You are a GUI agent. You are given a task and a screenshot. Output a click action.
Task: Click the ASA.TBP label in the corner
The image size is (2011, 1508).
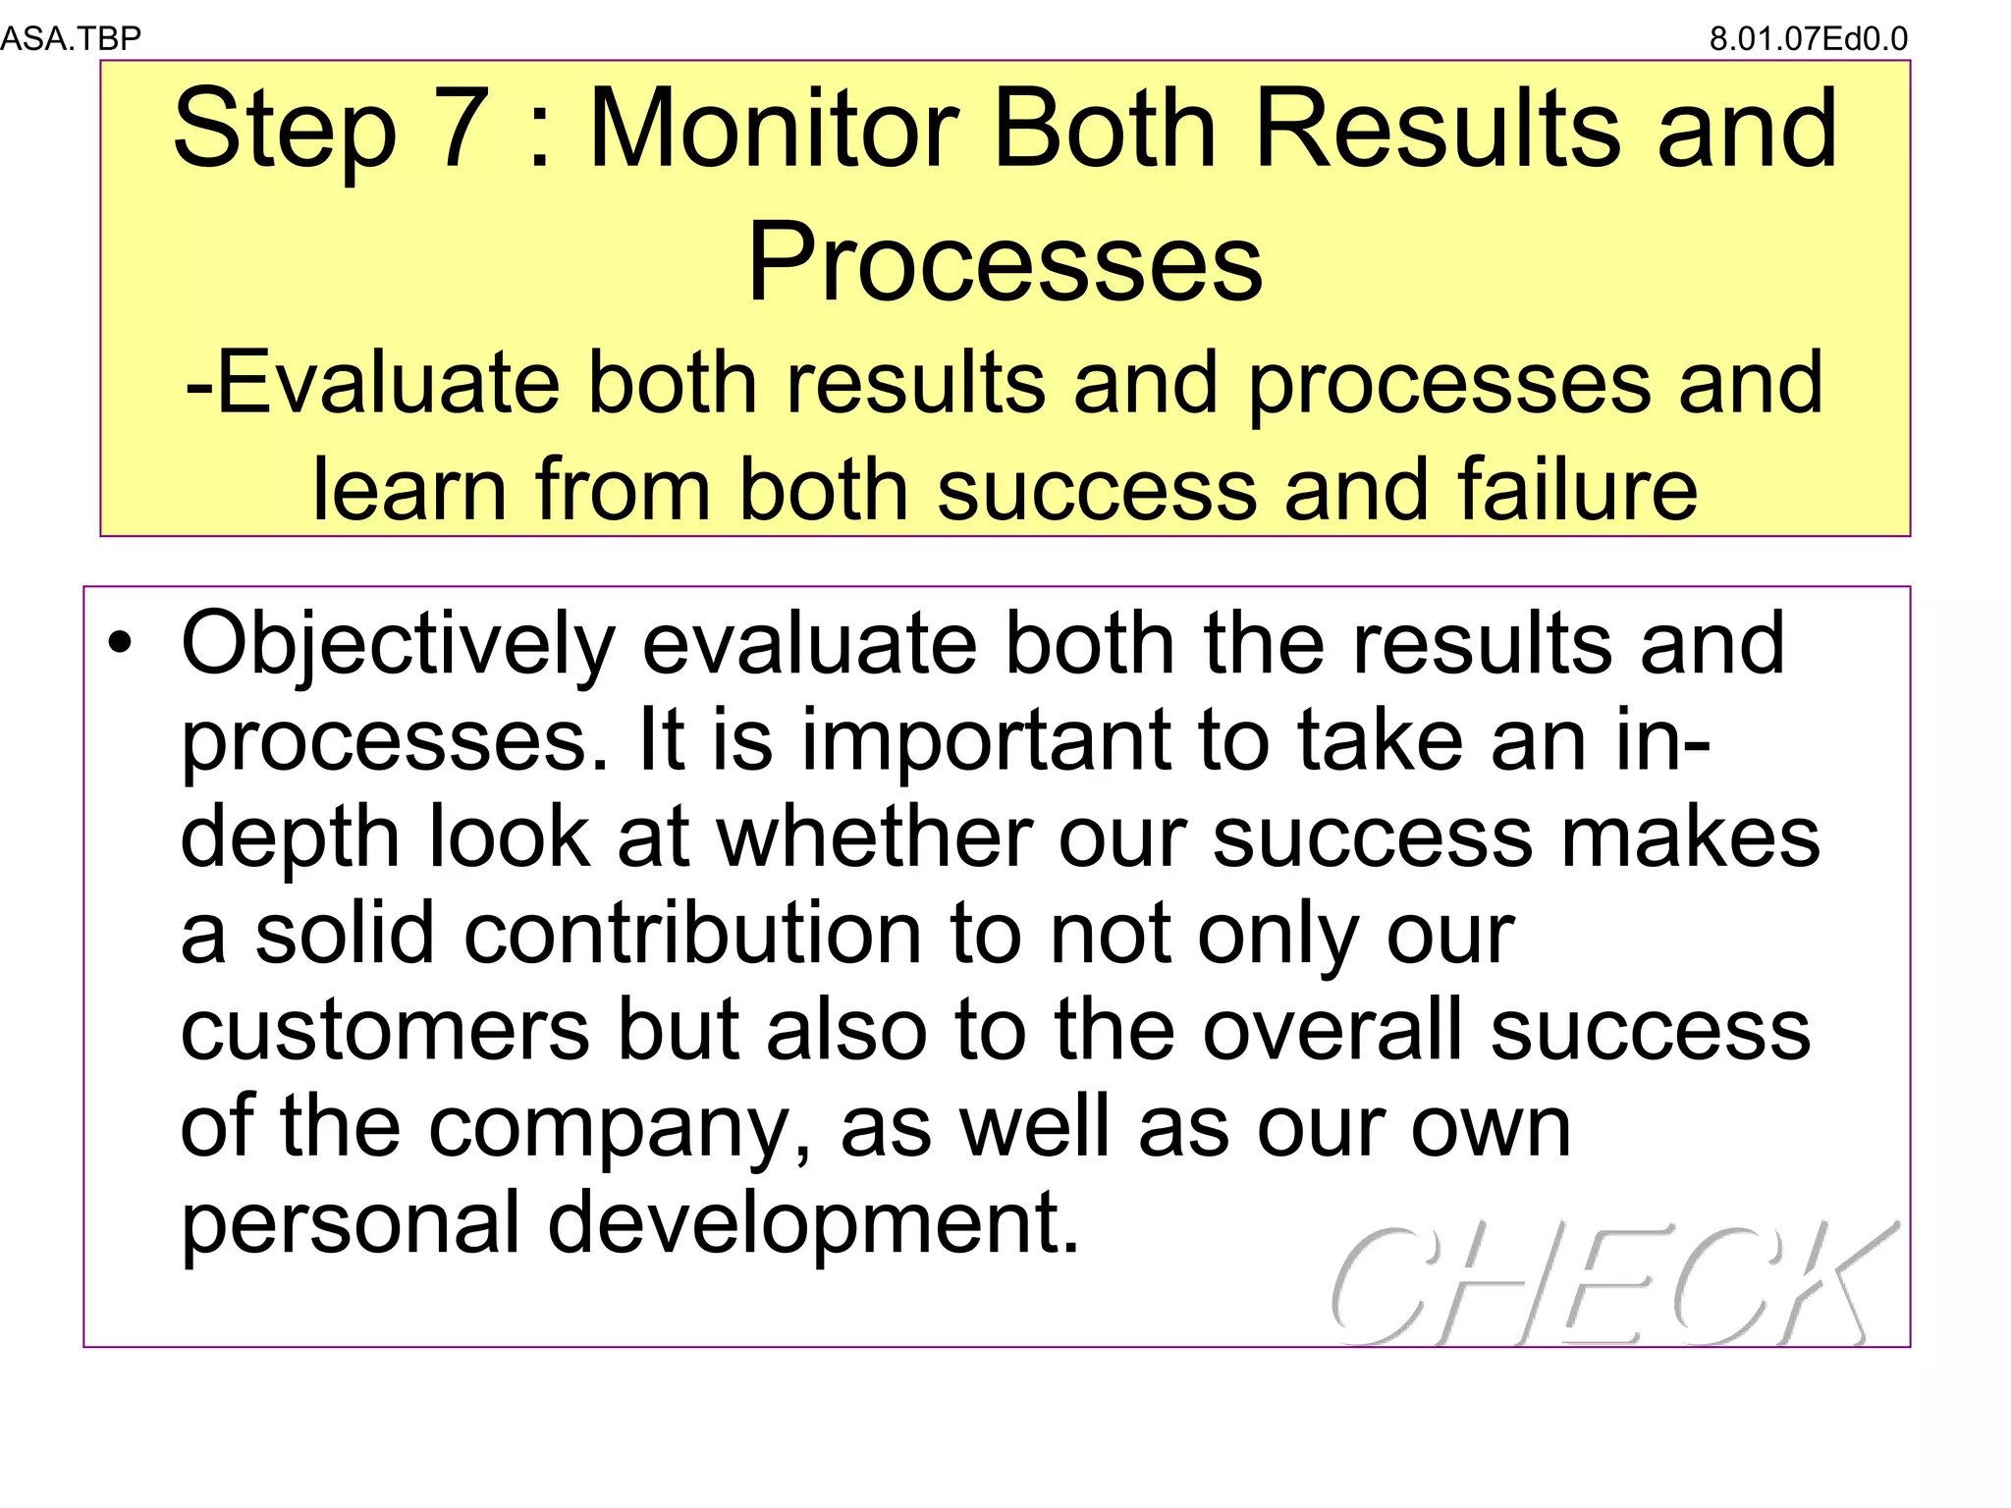(71, 38)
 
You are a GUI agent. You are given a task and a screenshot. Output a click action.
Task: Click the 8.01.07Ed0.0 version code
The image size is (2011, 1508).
(1808, 39)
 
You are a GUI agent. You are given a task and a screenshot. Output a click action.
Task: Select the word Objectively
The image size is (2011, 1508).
(398, 646)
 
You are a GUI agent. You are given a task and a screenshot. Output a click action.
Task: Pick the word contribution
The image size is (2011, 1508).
(692, 934)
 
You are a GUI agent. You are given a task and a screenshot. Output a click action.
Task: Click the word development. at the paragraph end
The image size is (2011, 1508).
(813, 1224)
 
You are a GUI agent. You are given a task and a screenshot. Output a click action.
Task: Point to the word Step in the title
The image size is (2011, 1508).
(284, 132)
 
